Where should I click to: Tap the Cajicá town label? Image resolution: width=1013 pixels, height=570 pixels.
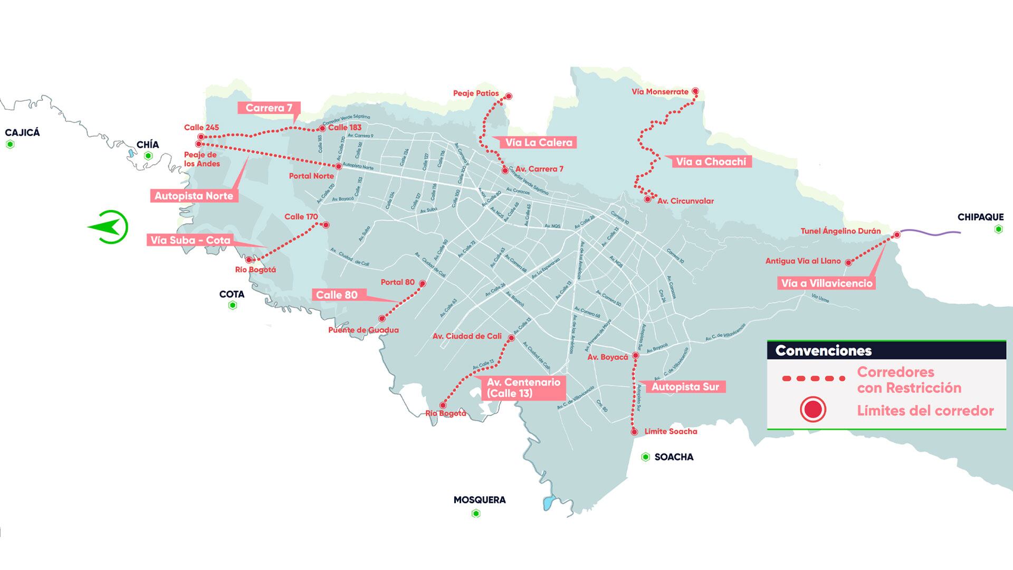pyautogui.click(x=22, y=132)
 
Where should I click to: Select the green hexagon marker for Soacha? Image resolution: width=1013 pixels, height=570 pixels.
pyautogui.click(x=645, y=457)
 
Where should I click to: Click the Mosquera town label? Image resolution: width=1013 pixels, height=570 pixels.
pyautogui.click(x=479, y=499)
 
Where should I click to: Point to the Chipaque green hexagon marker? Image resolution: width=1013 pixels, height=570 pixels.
pyautogui.click(x=998, y=229)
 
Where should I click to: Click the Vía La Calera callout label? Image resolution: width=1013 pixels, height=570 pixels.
pyautogui.click(x=538, y=142)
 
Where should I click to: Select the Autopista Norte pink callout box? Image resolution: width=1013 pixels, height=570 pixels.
pyautogui.click(x=194, y=196)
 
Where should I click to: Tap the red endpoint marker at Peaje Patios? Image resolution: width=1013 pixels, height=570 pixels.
pyautogui.click(x=509, y=96)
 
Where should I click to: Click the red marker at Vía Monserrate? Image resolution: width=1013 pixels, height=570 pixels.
pyautogui.click(x=695, y=91)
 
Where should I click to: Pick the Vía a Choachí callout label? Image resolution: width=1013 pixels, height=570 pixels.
pyautogui.click(x=711, y=161)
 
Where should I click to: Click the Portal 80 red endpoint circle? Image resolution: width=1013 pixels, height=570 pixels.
pyautogui.click(x=422, y=283)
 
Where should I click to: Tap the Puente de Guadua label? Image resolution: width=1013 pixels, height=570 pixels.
pyautogui.click(x=363, y=330)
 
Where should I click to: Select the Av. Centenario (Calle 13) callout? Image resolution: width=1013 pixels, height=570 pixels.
pyautogui.click(x=523, y=387)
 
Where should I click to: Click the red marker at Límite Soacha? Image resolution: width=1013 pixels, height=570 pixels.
pyautogui.click(x=635, y=432)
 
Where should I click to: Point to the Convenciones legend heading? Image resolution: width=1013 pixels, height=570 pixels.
pyautogui.click(x=823, y=350)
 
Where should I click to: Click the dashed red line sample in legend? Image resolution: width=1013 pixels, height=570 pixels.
pyautogui.click(x=813, y=378)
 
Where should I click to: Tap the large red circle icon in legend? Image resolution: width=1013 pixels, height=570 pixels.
pyautogui.click(x=813, y=410)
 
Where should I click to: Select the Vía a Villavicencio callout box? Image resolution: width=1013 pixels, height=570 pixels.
pyautogui.click(x=826, y=283)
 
